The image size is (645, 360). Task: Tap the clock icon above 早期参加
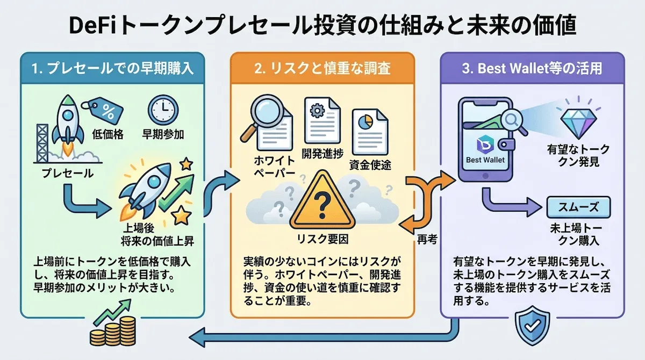[160, 109]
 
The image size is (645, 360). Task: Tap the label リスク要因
[322, 237]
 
